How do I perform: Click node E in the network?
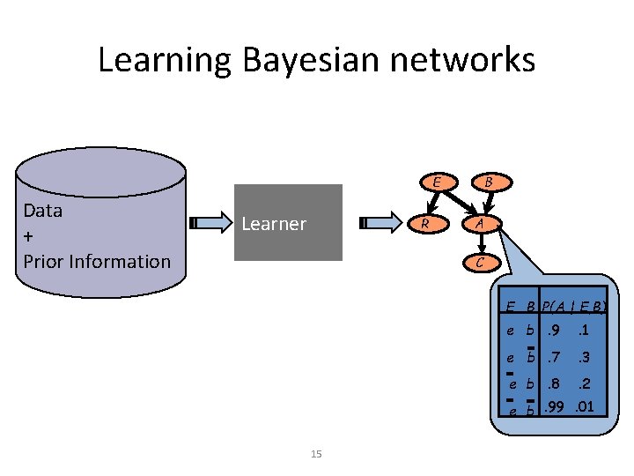(x=437, y=182)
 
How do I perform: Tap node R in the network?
(x=425, y=223)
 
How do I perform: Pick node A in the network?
(x=479, y=223)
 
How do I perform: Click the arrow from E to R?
(x=431, y=203)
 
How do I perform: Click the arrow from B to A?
(x=484, y=203)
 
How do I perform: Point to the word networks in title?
(x=467, y=60)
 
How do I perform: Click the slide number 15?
(x=317, y=454)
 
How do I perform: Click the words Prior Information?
(x=97, y=261)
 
